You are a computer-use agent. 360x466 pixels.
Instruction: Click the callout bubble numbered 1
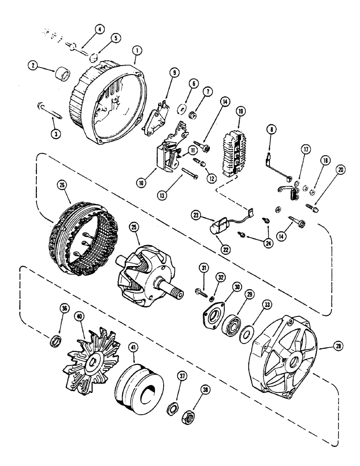(x=135, y=60)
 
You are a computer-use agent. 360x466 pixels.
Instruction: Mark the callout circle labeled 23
(x=197, y=215)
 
